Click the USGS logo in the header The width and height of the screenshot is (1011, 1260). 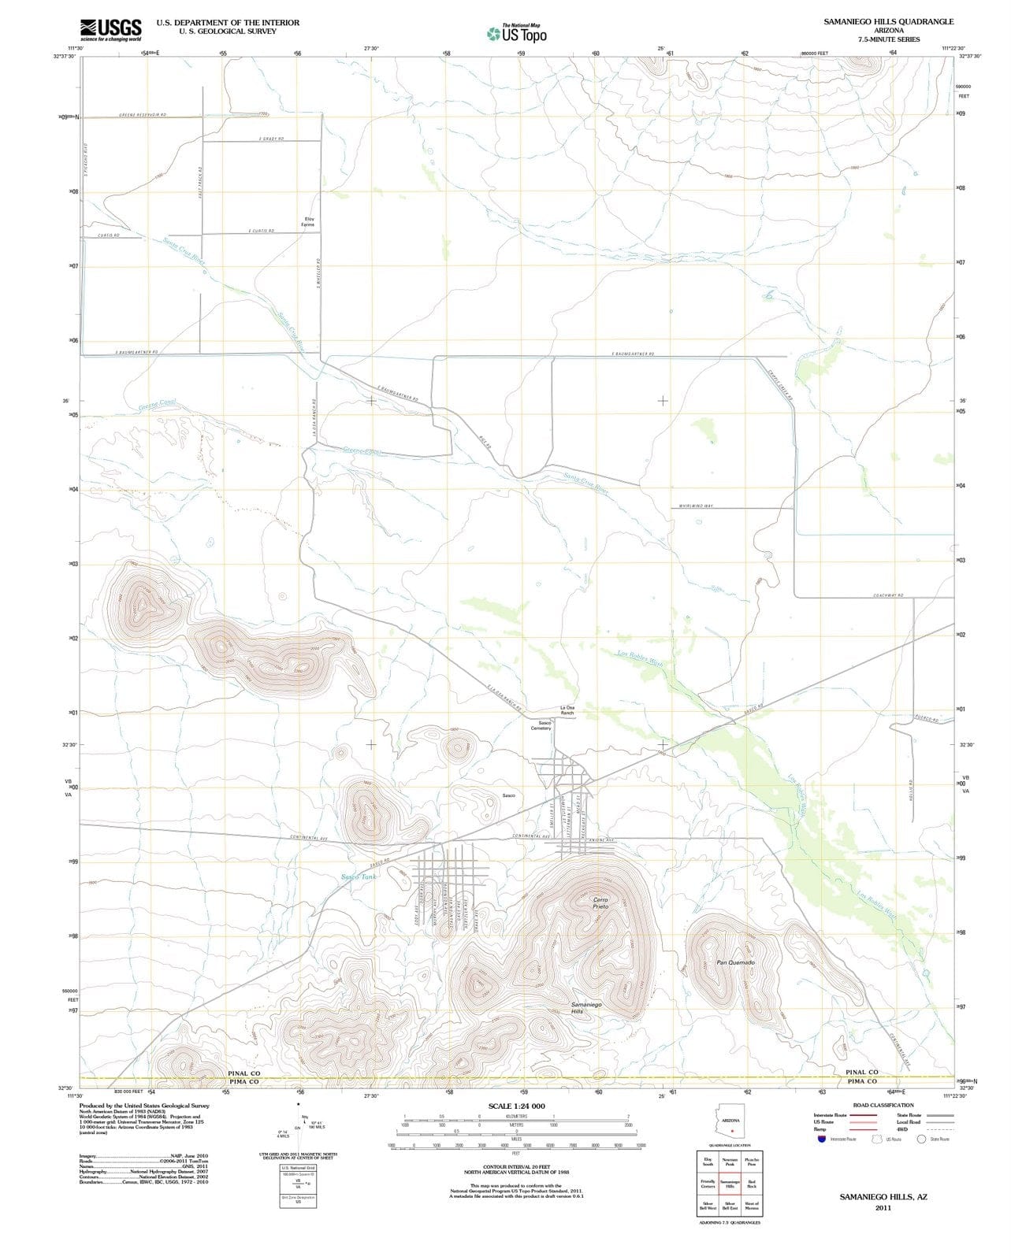[110, 29]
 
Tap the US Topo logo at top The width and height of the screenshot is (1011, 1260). [516, 34]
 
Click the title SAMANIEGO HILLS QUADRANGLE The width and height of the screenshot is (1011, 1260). [888, 21]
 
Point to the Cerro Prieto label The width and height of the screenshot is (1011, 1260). [600, 902]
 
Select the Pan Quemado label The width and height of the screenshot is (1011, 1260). [735, 962]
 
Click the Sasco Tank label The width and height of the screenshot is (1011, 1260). [359, 876]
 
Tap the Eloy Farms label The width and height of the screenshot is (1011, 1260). [308, 222]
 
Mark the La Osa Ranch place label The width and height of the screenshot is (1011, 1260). [567, 710]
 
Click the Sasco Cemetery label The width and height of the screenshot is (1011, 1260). [541, 725]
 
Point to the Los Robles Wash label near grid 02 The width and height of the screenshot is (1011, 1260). [639, 658]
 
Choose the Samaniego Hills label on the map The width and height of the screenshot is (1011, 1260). [585, 1007]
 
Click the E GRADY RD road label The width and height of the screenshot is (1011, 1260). [271, 139]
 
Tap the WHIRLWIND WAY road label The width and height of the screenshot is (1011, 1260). [695, 506]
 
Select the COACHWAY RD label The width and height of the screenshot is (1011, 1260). [887, 595]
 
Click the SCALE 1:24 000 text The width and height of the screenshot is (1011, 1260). [516, 1106]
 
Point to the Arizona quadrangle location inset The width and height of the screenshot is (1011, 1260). [730, 1124]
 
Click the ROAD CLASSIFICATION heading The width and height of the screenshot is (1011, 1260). [883, 1105]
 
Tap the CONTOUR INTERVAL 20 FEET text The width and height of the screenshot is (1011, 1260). [515, 1167]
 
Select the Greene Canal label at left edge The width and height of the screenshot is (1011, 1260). [157, 405]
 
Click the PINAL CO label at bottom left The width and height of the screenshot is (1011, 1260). [243, 1073]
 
